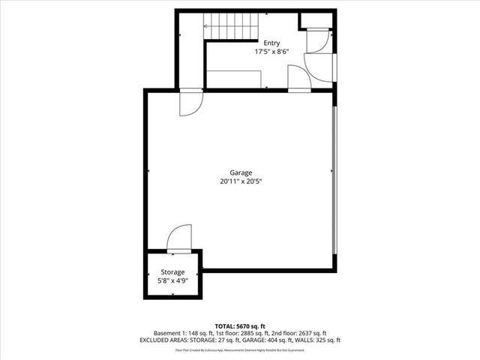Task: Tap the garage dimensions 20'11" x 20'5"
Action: pyautogui.click(x=241, y=181)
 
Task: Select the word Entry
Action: pyautogui.click(x=271, y=43)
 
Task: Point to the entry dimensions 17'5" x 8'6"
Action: pyautogui.click(x=271, y=52)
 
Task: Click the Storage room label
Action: pyautogui.click(x=173, y=272)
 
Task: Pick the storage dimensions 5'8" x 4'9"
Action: pyautogui.click(x=173, y=280)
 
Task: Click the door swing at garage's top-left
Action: pyautogui.click(x=190, y=103)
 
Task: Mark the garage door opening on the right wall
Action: pyautogui.click(x=335, y=180)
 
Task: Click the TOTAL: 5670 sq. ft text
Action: pyautogui.click(x=240, y=325)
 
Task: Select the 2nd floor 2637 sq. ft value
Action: pyautogui.click(x=307, y=333)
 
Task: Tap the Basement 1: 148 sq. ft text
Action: pyautogui.click(x=183, y=333)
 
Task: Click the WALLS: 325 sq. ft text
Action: pyautogui.click(x=314, y=340)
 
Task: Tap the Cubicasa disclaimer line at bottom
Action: pyautogui.click(x=240, y=349)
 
